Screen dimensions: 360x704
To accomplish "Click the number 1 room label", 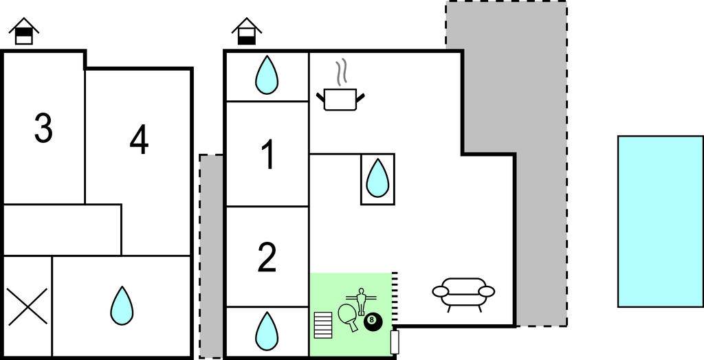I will coord(268,155).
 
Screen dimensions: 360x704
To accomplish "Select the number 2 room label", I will coord(267,258).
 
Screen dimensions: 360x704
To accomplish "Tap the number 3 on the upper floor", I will coord(43,128).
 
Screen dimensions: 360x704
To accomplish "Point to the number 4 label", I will coord(139,141).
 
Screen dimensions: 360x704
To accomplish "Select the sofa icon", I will coord(463,293).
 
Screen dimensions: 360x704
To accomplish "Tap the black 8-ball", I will coord(373,321).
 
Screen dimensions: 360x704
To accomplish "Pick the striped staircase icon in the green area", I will coord(322,324).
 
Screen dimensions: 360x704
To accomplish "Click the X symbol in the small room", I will coord(27,306).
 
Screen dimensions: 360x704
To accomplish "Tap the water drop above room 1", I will coord(267,75).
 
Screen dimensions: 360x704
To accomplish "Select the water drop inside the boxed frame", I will coord(377,179).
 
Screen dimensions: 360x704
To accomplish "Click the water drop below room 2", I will coord(267,330).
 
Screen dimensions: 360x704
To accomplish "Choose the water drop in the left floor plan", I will coord(122,306).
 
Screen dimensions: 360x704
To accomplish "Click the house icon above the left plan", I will coord(24,32).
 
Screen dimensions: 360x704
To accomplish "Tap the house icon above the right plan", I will coord(247,32).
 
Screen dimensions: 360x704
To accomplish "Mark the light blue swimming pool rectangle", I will coord(660,221).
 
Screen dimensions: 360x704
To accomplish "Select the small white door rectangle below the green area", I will coord(395,342).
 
